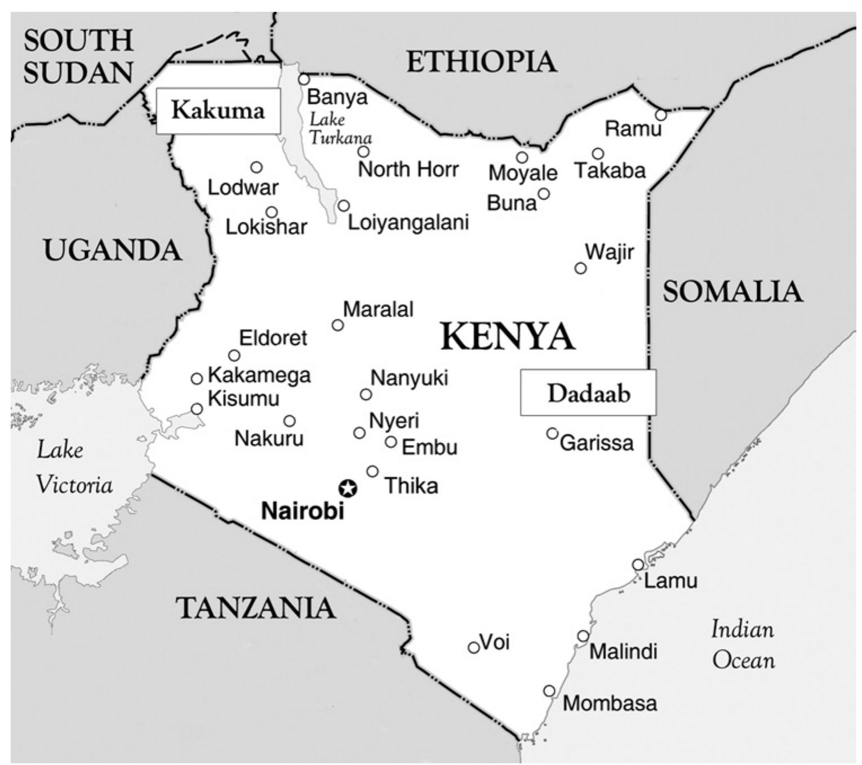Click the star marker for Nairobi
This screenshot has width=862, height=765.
[x=348, y=488]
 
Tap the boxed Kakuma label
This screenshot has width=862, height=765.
[x=217, y=110]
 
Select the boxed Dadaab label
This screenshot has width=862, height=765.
[x=588, y=393]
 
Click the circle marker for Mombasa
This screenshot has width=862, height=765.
[x=549, y=691]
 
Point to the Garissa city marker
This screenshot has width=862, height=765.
[x=552, y=433]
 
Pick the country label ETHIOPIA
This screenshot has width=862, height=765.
[x=481, y=61]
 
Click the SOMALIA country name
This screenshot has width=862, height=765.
[x=732, y=292]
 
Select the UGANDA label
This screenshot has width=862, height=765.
[x=113, y=250]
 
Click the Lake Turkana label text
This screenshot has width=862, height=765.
[x=339, y=128]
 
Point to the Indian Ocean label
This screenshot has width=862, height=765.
[x=743, y=644]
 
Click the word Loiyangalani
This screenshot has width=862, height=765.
[x=408, y=222]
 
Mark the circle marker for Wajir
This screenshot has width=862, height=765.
[x=580, y=268]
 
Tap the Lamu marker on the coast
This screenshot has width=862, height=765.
[x=637, y=564]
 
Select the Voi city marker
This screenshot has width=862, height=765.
[x=474, y=648]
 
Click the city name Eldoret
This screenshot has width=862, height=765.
[x=273, y=338]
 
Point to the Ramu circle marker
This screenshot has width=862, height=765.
[x=660, y=115]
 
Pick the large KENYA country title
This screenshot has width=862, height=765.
[x=507, y=336]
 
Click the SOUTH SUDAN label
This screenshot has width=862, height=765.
[x=78, y=56]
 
